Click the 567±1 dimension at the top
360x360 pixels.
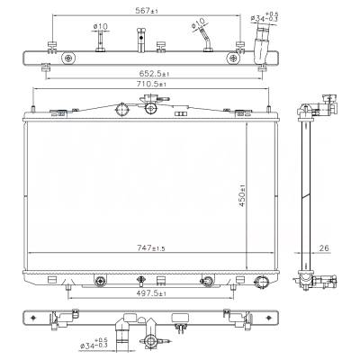point(145,12)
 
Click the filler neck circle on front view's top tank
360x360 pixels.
point(121,109)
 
